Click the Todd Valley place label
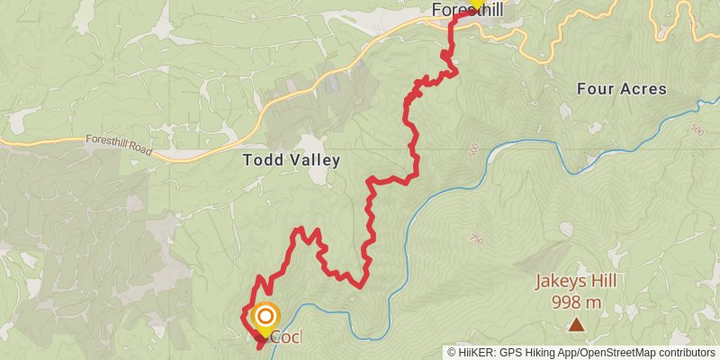292,160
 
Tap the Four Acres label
622,88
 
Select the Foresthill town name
467,11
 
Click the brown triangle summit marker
575,322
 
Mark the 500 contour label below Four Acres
474,151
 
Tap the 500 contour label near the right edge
696,130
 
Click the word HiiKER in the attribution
473,353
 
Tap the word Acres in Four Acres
645,88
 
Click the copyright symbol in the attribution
452,353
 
